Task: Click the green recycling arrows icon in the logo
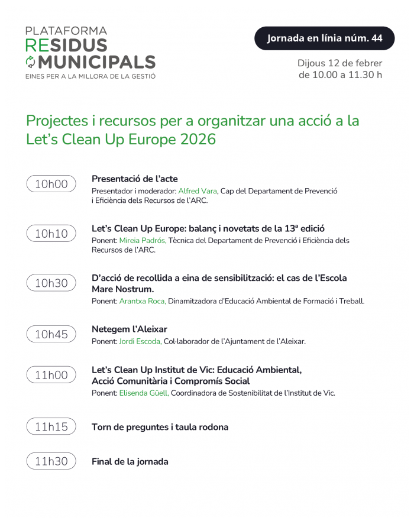(x=30, y=62)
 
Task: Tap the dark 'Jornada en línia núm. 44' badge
(x=324, y=38)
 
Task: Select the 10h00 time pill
(x=51, y=184)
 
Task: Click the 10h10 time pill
(x=51, y=234)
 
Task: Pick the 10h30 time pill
(x=51, y=283)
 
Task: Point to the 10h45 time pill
(x=51, y=334)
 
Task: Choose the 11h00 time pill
(x=51, y=374)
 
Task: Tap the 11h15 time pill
(x=51, y=426)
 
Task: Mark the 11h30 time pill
(x=51, y=461)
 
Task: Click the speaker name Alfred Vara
(x=198, y=191)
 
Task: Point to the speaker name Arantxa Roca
(x=143, y=301)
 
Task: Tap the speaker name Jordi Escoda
(x=140, y=341)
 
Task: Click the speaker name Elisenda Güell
(x=144, y=393)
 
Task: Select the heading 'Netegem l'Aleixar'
(x=130, y=329)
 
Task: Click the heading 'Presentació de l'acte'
(x=134, y=179)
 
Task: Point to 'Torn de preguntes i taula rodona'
(x=160, y=427)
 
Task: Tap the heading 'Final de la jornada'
(x=130, y=462)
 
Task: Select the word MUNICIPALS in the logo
(x=97, y=62)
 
